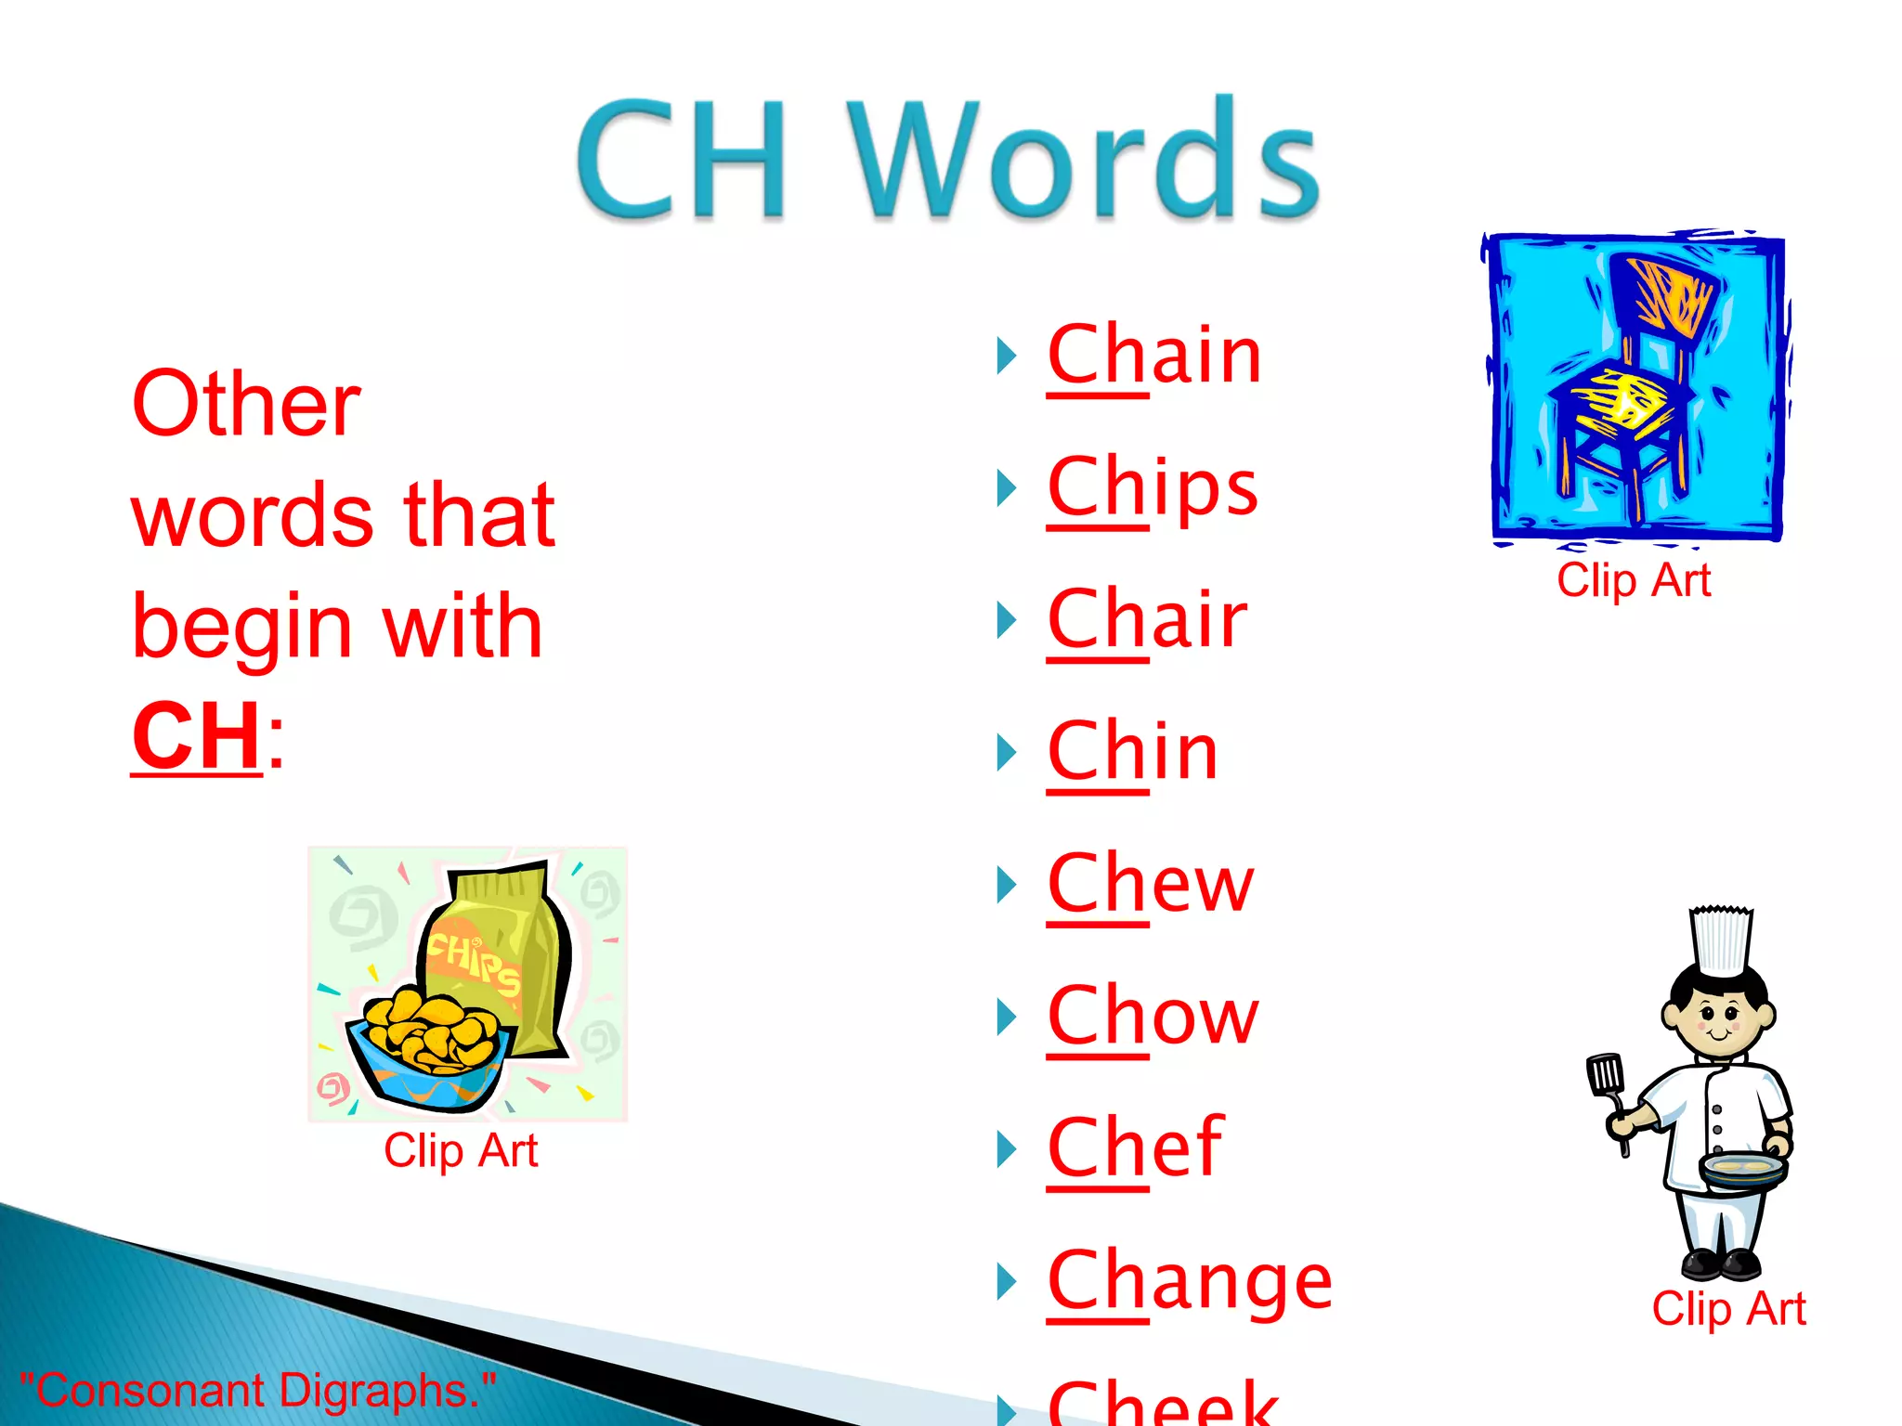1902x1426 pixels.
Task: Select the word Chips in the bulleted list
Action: pyautogui.click(x=1153, y=488)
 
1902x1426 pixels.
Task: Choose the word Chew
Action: pyautogui.click(x=1150, y=885)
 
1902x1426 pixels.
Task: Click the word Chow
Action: pyautogui.click(x=1153, y=1017)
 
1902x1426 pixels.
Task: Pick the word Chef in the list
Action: pyautogui.click(x=1135, y=1148)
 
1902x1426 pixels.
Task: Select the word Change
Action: pyautogui.click(x=1190, y=1282)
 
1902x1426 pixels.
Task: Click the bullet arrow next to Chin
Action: pyautogui.click(x=1006, y=753)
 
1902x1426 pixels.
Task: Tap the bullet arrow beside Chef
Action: pyautogui.click(x=1006, y=1149)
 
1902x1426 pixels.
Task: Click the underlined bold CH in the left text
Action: pyautogui.click(x=197, y=736)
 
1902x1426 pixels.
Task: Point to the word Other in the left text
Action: pyautogui.click(x=246, y=405)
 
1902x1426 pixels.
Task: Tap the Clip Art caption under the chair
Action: pyautogui.click(x=1634, y=581)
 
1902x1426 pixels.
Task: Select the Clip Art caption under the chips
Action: pyautogui.click(x=461, y=1151)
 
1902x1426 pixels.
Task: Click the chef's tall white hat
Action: pyautogui.click(x=1721, y=940)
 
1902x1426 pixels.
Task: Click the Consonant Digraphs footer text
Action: pyautogui.click(x=257, y=1391)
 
